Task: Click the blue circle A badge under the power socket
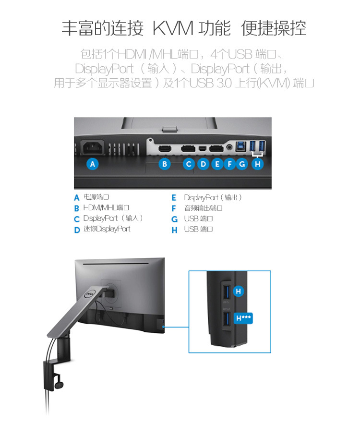pyautogui.click(x=93, y=164)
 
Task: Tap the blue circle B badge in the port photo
pyautogui.click(x=165, y=164)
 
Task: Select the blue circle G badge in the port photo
pyautogui.click(x=242, y=164)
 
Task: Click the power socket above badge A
pyautogui.click(x=93, y=147)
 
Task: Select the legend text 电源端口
pyautogui.click(x=96, y=197)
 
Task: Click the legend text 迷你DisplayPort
pyautogui.click(x=107, y=229)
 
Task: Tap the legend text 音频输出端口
pyautogui.click(x=203, y=208)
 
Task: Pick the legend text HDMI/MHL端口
pyautogui.click(x=106, y=208)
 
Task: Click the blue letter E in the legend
pyautogui.click(x=174, y=198)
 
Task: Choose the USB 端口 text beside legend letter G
pyautogui.click(x=198, y=219)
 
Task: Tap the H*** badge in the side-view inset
pyautogui.click(x=243, y=317)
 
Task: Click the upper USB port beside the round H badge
pyautogui.click(x=225, y=291)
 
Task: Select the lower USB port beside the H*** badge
pyautogui.click(x=225, y=320)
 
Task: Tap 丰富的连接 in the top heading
pyautogui.click(x=102, y=28)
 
